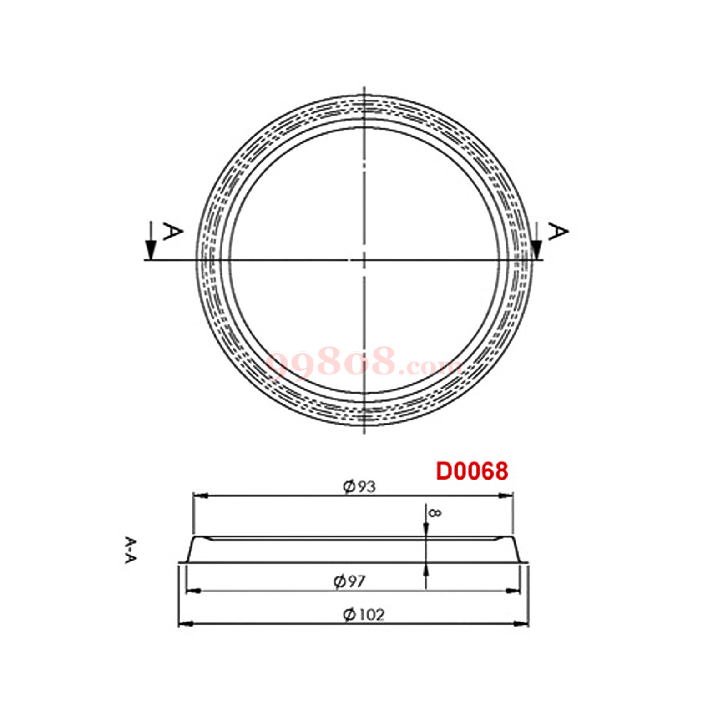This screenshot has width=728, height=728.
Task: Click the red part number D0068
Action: pyautogui.click(x=472, y=471)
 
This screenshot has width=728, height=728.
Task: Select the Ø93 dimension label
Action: pyautogui.click(x=359, y=487)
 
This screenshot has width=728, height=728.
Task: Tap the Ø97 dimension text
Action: pyautogui.click(x=349, y=581)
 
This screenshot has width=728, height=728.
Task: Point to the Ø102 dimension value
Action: pyautogui.click(x=364, y=615)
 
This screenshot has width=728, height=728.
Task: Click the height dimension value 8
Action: pyautogui.click(x=435, y=513)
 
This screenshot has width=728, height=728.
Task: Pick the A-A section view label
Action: pyautogui.click(x=131, y=550)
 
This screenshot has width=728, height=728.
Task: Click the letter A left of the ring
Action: pyautogui.click(x=172, y=232)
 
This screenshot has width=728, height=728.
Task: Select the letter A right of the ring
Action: pyautogui.click(x=558, y=232)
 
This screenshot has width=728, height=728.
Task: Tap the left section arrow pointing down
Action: pyautogui.click(x=151, y=241)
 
